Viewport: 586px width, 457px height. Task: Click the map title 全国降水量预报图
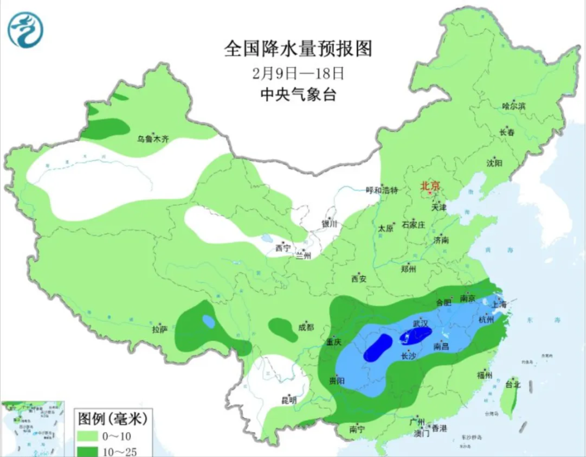(298, 48)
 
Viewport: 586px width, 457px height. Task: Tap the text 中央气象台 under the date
(298, 95)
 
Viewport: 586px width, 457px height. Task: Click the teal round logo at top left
(26, 29)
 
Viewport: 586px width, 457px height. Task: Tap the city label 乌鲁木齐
(152, 139)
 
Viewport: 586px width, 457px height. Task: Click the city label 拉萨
(160, 329)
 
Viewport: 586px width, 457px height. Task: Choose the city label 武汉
(420, 322)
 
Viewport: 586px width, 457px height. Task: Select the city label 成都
(305, 327)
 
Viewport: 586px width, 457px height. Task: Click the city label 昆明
(289, 401)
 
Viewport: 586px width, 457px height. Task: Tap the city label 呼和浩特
(382, 191)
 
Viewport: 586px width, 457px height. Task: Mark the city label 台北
(513, 384)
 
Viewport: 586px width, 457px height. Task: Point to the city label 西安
(359, 279)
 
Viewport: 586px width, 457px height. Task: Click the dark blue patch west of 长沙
(378, 348)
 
